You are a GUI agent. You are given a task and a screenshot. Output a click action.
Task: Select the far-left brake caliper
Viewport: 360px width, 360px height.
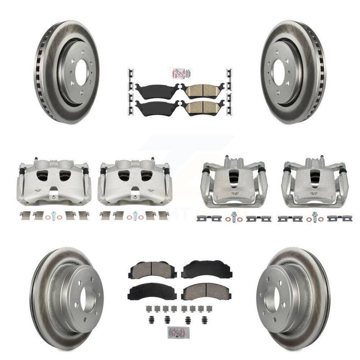tap(53, 182)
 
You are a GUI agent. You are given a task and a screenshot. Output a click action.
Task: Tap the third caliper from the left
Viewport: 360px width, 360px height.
tap(234, 182)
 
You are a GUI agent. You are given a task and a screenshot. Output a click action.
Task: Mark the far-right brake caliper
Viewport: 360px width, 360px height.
tap(315, 182)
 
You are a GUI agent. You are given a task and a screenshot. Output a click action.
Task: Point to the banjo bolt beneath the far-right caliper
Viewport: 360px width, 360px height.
tap(315, 218)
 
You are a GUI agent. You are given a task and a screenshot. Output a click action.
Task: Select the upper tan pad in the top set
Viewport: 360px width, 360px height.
tap(202, 90)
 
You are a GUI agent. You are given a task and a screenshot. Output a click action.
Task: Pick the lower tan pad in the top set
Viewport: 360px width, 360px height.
tap(202, 107)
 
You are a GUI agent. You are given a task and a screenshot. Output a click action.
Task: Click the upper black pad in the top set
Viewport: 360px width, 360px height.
tap(157, 90)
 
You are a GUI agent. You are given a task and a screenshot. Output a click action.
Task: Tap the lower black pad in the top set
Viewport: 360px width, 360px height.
tap(157, 108)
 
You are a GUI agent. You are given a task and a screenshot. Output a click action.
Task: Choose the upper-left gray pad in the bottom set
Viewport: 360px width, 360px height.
tap(150, 269)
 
